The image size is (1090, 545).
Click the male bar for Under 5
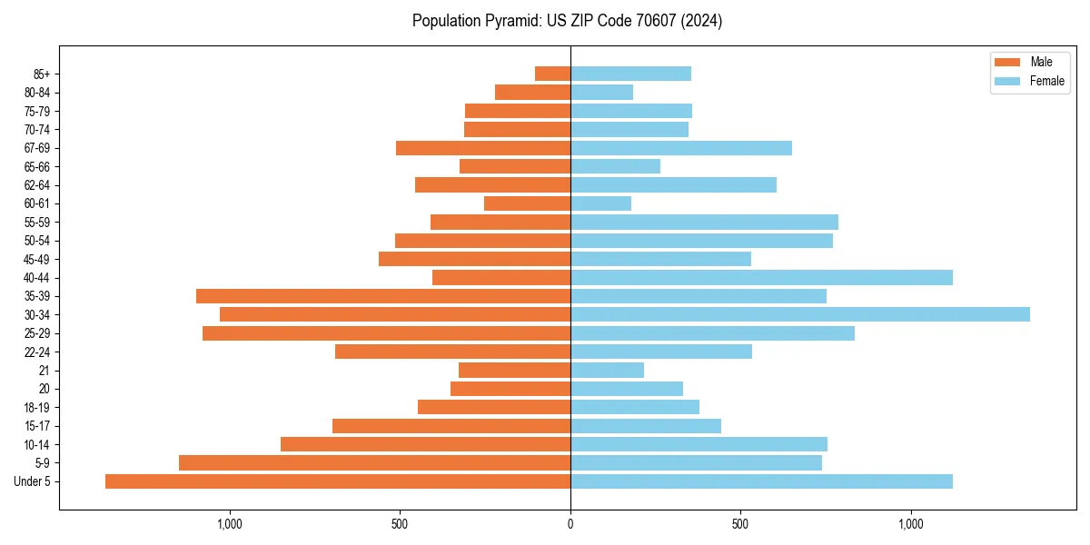click(338, 481)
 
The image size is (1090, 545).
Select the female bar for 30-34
click(799, 314)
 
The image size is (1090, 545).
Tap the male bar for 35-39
click(383, 296)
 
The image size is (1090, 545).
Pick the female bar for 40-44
click(761, 277)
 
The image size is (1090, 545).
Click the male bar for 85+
click(552, 74)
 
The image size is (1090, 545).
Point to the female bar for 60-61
click(600, 203)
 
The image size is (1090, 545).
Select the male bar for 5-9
click(374, 462)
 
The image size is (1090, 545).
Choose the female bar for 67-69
click(681, 148)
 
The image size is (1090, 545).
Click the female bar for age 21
click(607, 370)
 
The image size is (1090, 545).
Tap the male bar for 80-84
click(532, 92)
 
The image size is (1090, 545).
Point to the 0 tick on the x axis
click(570, 524)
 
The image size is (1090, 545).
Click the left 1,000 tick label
click(229, 524)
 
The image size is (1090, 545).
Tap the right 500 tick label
click(740, 524)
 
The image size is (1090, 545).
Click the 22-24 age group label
click(36, 352)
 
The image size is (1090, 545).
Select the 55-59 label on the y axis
click(36, 222)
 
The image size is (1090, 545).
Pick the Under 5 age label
click(33, 481)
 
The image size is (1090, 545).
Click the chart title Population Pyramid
click(567, 21)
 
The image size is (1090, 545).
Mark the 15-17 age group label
click(36, 426)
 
